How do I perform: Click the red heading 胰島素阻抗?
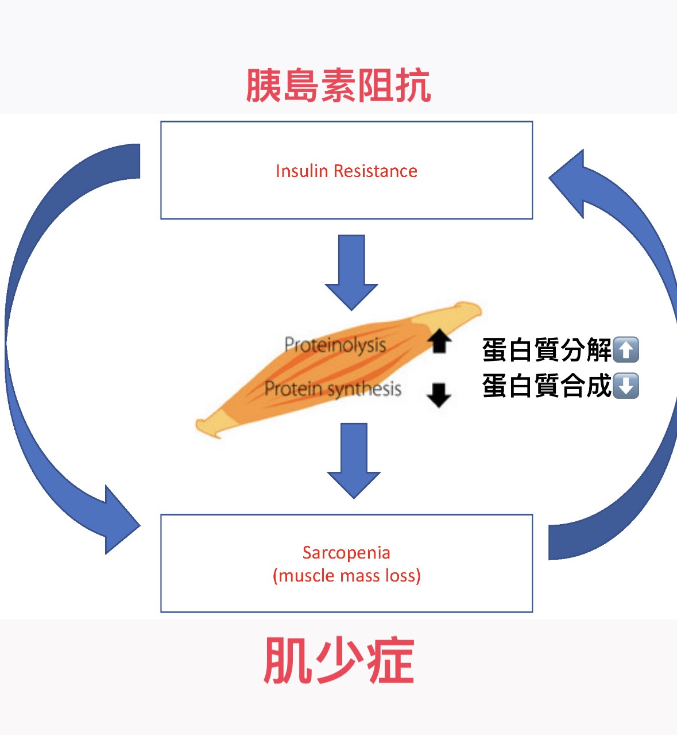[338, 86]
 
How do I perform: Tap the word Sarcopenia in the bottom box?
[346, 553]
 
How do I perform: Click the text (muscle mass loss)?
[346, 576]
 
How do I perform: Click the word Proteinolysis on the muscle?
[335, 345]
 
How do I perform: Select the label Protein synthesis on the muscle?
[332, 389]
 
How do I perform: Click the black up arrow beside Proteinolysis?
[439, 340]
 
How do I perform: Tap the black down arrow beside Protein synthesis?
[439, 395]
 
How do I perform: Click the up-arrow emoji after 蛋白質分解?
[626, 350]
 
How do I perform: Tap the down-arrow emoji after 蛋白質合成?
[626, 386]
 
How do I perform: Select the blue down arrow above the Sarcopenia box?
[354, 460]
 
